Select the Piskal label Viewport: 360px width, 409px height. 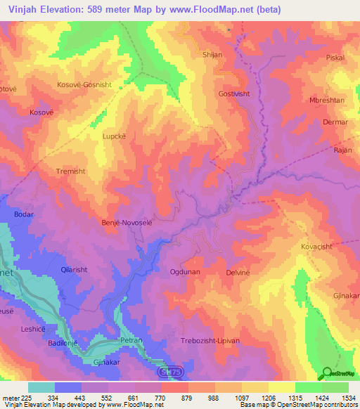click(335, 58)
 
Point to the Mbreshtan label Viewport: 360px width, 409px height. click(327, 100)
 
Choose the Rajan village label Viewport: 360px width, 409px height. click(342, 150)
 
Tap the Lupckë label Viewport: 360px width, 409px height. click(115, 137)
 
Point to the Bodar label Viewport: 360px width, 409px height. click(23, 214)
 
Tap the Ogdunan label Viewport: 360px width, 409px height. click(186, 271)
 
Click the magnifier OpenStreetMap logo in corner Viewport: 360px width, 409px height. click(328, 373)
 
